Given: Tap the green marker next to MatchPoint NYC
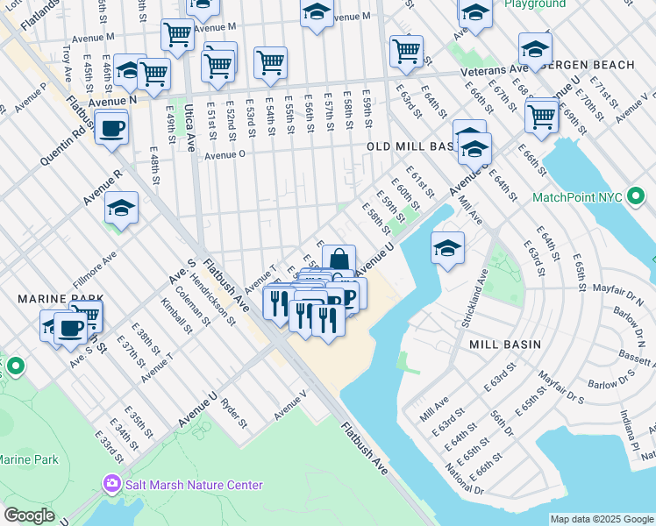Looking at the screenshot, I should [x=637, y=198].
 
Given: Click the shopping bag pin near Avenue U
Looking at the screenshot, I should [x=339, y=259].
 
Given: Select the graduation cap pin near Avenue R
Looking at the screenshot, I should [x=122, y=209].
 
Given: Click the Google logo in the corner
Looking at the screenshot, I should [x=30, y=515].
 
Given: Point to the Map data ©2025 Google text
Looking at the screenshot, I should [x=600, y=519].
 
